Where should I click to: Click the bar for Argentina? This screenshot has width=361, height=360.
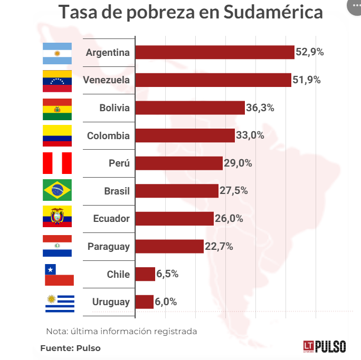214,52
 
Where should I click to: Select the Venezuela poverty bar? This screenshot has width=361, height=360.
213,80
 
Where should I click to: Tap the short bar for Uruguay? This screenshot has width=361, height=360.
144,302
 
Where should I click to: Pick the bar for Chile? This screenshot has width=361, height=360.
145,274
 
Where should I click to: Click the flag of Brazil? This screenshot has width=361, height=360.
57,191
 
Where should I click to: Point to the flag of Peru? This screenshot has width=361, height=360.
57,163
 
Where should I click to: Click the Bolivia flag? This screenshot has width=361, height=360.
57,108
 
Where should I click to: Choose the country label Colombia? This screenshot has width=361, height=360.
108,135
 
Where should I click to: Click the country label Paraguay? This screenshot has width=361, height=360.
108,246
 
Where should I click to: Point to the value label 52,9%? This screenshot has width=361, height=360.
310,52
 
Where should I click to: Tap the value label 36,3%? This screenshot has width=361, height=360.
260,108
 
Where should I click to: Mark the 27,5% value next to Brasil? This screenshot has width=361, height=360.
233,191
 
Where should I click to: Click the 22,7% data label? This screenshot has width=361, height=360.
218,246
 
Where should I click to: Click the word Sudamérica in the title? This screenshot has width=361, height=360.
273,12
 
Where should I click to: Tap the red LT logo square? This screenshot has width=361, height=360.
309,346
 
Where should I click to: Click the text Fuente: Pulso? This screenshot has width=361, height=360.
70,348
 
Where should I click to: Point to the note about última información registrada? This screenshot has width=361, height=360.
121,332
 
